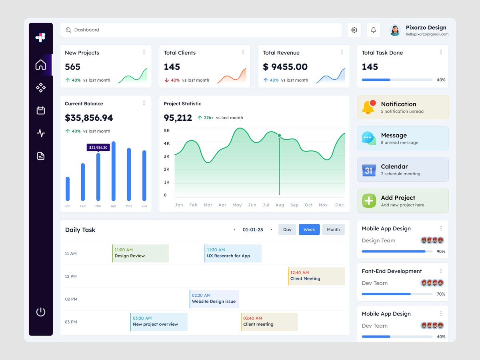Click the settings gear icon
click(354, 30)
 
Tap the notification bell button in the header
click(373, 30)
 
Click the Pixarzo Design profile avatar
click(395, 30)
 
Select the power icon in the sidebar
click(41, 312)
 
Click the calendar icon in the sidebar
click(41, 110)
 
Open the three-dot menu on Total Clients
click(243, 52)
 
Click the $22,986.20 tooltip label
click(98, 148)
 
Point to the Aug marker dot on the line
click(279, 136)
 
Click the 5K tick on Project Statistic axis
click(167, 130)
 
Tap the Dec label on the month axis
click(339, 205)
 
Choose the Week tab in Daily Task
click(309, 230)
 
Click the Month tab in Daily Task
click(333, 230)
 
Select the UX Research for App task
click(233, 253)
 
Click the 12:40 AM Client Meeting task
click(316, 276)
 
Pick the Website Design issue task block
click(214, 299)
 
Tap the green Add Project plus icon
click(369, 201)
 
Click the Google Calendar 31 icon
click(369, 170)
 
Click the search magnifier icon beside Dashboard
click(68, 30)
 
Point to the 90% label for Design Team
click(441, 252)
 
